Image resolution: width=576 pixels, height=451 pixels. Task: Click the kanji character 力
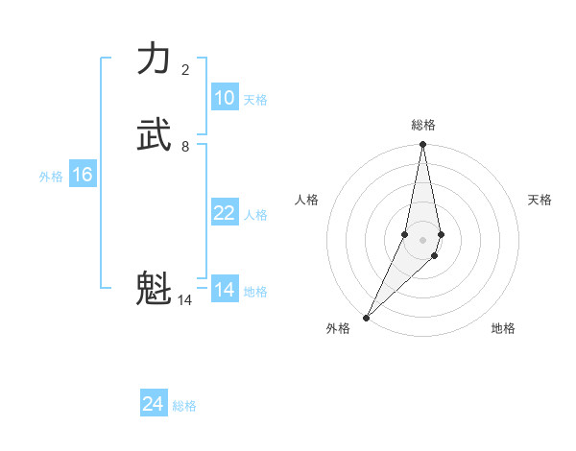[154, 59]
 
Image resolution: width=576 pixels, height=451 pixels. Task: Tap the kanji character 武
[154, 135]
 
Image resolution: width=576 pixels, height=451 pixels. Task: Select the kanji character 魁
[154, 288]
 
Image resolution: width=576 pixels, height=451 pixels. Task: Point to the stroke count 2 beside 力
[185, 70]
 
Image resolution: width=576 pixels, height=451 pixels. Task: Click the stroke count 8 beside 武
[185, 147]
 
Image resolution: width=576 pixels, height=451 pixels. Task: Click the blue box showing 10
[225, 98]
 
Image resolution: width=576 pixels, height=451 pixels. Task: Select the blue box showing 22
[225, 213]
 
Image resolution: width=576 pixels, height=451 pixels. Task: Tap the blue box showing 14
[225, 290]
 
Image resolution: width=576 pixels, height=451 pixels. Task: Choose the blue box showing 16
[83, 175]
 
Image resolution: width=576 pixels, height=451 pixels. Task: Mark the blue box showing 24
[154, 404]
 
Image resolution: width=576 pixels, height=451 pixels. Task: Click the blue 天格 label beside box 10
[255, 100]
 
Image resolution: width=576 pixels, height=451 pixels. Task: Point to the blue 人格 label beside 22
[255, 215]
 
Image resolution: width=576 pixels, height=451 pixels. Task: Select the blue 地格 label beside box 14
[255, 292]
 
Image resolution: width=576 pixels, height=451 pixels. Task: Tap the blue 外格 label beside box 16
[51, 177]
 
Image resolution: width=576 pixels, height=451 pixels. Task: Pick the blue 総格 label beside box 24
[184, 406]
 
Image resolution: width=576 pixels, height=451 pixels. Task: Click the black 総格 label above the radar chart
[423, 125]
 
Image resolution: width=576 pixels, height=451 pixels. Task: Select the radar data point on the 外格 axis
[367, 317]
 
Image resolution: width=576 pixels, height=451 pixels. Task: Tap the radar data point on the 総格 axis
[423, 145]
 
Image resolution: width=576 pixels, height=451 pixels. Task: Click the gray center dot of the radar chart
[423, 240]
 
